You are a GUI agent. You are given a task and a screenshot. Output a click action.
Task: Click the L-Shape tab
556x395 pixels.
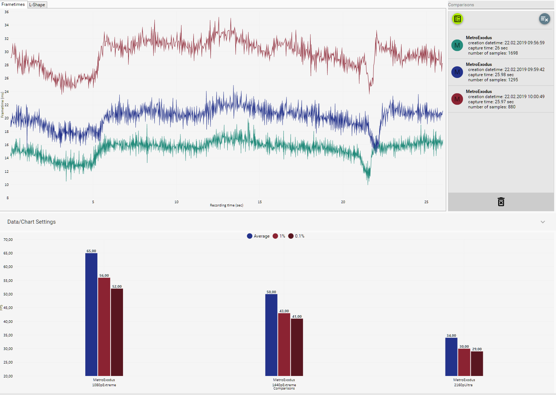click(37, 5)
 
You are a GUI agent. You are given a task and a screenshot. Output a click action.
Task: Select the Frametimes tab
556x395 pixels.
click(13, 4)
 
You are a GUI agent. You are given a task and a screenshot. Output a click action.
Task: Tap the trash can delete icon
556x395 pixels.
click(501, 202)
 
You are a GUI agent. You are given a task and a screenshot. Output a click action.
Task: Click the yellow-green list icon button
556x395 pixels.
click(457, 19)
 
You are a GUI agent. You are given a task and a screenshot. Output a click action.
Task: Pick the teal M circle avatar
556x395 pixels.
click(457, 45)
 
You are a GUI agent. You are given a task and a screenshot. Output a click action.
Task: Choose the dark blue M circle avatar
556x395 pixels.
click(457, 72)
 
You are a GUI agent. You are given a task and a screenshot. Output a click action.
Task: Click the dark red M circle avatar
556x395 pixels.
click(457, 99)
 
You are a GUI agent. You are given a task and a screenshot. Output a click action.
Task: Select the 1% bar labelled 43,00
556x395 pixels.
click(284, 344)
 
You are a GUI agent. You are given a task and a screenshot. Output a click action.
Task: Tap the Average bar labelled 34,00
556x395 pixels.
click(451, 357)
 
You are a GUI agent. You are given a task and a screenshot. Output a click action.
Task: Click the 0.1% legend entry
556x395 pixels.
click(296, 236)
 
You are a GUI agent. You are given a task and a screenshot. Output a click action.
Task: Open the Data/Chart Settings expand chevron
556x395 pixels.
click(542, 222)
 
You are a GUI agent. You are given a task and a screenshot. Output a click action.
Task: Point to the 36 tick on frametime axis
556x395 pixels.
click(7, 12)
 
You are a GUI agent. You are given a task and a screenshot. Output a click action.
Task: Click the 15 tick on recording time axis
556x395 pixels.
click(260, 202)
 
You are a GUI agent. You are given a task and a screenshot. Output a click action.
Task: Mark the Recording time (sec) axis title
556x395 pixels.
click(226, 205)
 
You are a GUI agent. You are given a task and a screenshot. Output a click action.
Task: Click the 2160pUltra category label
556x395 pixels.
click(463, 385)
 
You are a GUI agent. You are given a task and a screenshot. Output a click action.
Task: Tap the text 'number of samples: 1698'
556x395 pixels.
click(493, 53)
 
